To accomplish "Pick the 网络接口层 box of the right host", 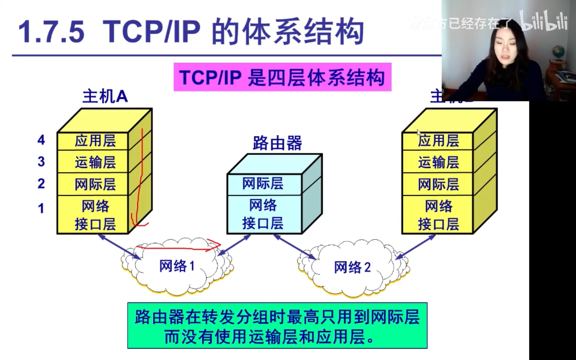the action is pyautogui.click(x=438, y=215).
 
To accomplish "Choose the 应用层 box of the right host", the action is pyautogui.click(x=438, y=141).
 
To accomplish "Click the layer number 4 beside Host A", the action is pyautogui.click(x=41, y=140).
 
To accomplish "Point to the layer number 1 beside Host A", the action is pyautogui.click(x=41, y=209).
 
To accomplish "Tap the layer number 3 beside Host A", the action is pyautogui.click(x=41, y=162).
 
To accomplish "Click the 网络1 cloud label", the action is pyautogui.click(x=177, y=266).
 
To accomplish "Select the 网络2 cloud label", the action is pyautogui.click(x=352, y=267).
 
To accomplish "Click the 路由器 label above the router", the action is pyautogui.click(x=277, y=143).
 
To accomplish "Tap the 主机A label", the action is pyautogui.click(x=105, y=97).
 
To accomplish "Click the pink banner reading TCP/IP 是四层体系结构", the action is pyautogui.click(x=282, y=77).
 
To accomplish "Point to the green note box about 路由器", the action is pyautogui.click(x=277, y=326).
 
